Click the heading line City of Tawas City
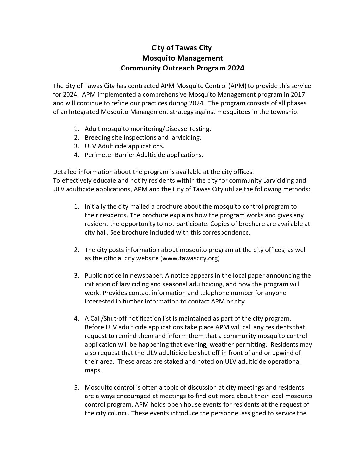pyautogui.click(x=181, y=48)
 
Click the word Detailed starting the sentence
pyautogui.click(x=65, y=172)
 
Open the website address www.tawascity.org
pyautogui.click(x=190, y=258)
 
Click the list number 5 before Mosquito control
pyautogui.click(x=76, y=387)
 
